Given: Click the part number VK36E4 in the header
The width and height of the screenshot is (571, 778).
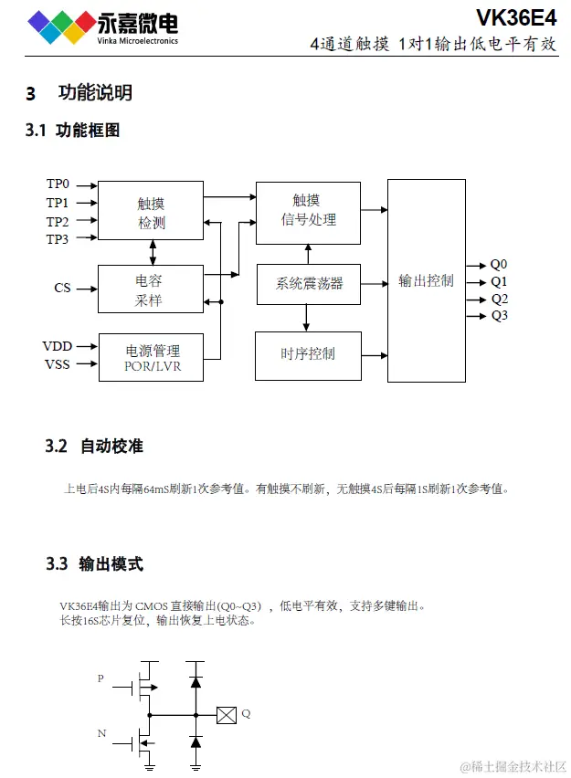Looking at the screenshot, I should click(515, 18).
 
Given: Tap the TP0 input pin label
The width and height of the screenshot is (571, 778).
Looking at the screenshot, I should click(58, 184).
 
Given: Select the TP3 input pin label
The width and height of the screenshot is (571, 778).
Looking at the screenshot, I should click(58, 239).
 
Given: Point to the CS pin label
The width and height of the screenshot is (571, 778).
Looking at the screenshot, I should click(62, 289).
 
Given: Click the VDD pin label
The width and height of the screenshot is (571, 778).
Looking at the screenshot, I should click(58, 346).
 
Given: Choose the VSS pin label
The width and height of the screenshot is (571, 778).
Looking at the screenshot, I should click(58, 365).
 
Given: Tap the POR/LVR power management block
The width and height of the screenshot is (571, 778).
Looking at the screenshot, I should click(152, 357).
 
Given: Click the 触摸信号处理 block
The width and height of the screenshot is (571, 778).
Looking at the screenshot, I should click(308, 211).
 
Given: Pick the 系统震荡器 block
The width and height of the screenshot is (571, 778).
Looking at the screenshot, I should click(309, 284).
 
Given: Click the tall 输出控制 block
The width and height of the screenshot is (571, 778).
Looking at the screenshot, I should click(426, 280).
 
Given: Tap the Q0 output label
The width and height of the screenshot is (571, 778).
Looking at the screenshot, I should click(499, 265).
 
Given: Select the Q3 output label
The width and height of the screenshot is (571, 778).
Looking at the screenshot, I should click(499, 316).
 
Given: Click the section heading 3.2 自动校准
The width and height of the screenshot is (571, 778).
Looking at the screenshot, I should click(94, 447).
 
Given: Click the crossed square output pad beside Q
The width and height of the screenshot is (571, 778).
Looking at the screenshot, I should click(226, 715).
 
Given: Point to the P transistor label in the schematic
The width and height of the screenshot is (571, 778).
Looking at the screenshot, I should click(100, 678).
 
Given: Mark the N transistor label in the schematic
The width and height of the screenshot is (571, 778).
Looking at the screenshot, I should click(100, 733).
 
